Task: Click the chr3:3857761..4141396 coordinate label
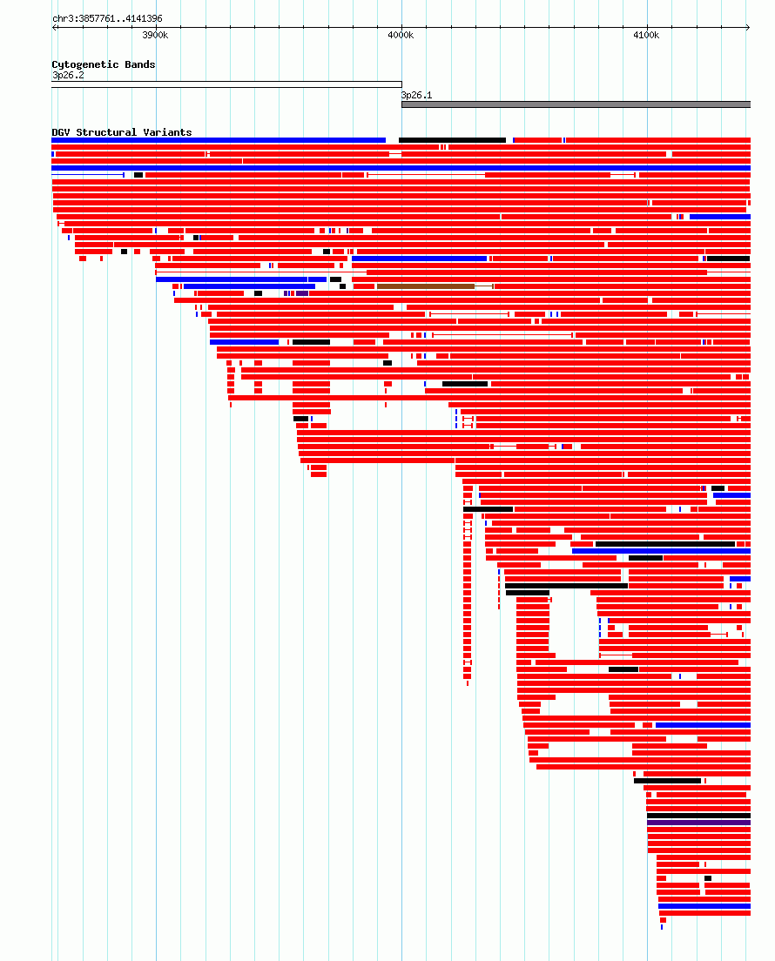[x=107, y=18]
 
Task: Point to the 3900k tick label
[x=155, y=35]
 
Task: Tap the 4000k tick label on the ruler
[x=401, y=35]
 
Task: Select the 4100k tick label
[x=646, y=35]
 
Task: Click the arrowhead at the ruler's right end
[x=747, y=28]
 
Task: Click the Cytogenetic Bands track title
[x=103, y=64]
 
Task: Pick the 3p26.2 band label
[x=68, y=75]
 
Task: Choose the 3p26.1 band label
[x=416, y=95]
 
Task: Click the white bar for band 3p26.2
[x=226, y=84]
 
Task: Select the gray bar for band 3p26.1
[x=576, y=104]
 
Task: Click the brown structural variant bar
[x=426, y=286]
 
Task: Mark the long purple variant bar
[x=698, y=823]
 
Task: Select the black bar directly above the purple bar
[x=698, y=816]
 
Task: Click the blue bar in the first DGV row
[x=219, y=140]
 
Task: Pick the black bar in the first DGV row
[x=452, y=140]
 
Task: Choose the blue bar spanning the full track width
[x=401, y=168]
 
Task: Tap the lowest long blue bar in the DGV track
[x=704, y=906]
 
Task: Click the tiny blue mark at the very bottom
[x=662, y=927]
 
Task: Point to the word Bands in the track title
[x=139, y=64]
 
